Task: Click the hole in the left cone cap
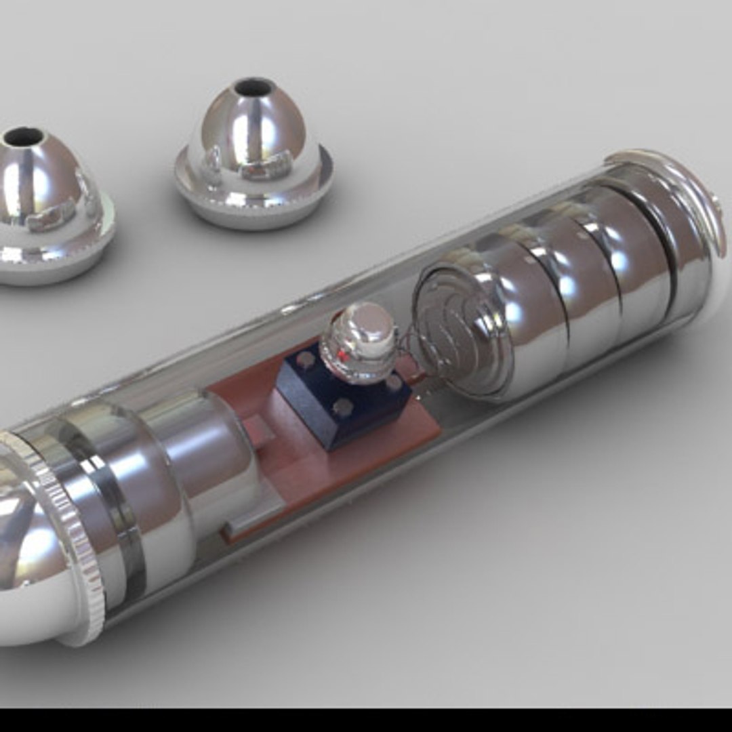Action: pos(24,136)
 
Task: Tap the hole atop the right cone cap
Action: pos(255,87)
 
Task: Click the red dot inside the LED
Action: pos(343,354)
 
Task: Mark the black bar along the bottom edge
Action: pos(366,720)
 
